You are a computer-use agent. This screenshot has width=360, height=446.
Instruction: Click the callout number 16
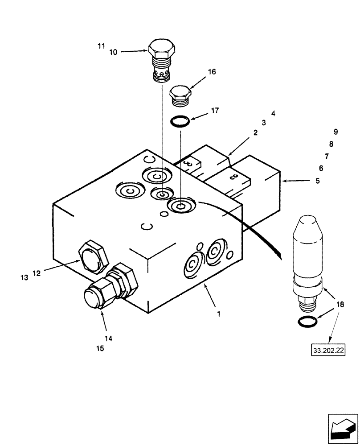tap(212, 72)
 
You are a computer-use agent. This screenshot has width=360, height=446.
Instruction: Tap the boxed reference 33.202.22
tap(329, 351)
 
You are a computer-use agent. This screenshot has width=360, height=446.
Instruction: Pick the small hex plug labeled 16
tap(181, 96)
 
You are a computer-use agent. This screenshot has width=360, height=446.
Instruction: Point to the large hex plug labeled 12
tap(93, 258)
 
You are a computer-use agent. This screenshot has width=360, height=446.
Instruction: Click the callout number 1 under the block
tap(218, 314)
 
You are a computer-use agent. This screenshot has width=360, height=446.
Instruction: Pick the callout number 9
tap(335, 132)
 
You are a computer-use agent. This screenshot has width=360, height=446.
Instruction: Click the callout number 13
tap(24, 277)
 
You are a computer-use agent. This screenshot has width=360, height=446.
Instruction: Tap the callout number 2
tap(255, 132)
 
